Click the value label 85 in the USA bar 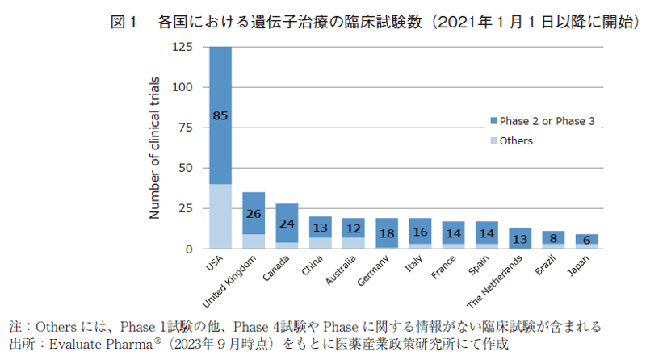pyautogui.click(x=220, y=115)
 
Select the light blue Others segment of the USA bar pyautogui.click(x=220, y=216)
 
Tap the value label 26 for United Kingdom pyautogui.click(x=254, y=214)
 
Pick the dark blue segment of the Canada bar pyautogui.click(x=287, y=223)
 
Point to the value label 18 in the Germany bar pyautogui.click(x=388, y=232)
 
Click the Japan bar pyautogui.click(x=587, y=241)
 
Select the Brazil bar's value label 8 pyautogui.click(x=554, y=238)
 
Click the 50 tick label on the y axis pyautogui.click(x=186, y=168)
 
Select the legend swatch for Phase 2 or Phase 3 pyautogui.click(x=492, y=121)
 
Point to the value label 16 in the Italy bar pyautogui.click(x=421, y=232)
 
